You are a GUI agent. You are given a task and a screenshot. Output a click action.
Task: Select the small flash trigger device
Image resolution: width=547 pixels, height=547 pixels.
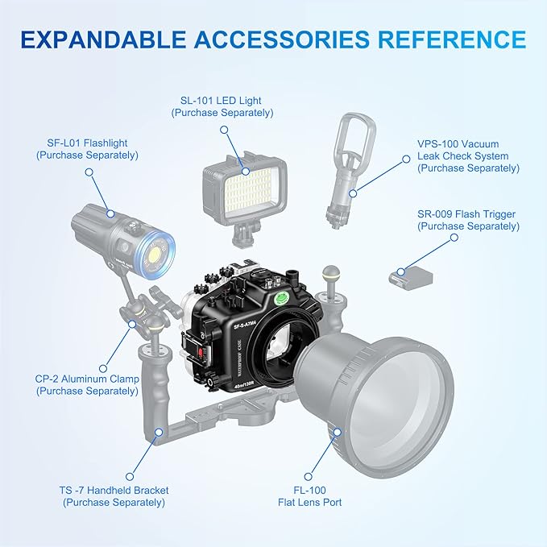(411, 277)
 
